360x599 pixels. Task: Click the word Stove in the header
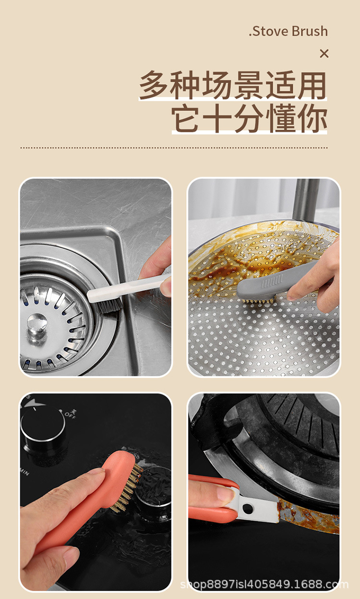click(269, 32)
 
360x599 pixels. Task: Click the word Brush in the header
click(310, 32)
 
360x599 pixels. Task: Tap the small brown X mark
click(324, 54)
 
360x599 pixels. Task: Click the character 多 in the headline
click(155, 86)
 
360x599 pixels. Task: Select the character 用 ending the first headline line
click(312, 86)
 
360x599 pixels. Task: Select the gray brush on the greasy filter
click(269, 284)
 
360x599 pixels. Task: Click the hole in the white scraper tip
click(248, 507)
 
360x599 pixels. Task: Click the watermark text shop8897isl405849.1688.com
click(264, 584)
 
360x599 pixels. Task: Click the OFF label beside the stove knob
click(70, 413)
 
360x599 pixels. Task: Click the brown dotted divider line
click(174, 148)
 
